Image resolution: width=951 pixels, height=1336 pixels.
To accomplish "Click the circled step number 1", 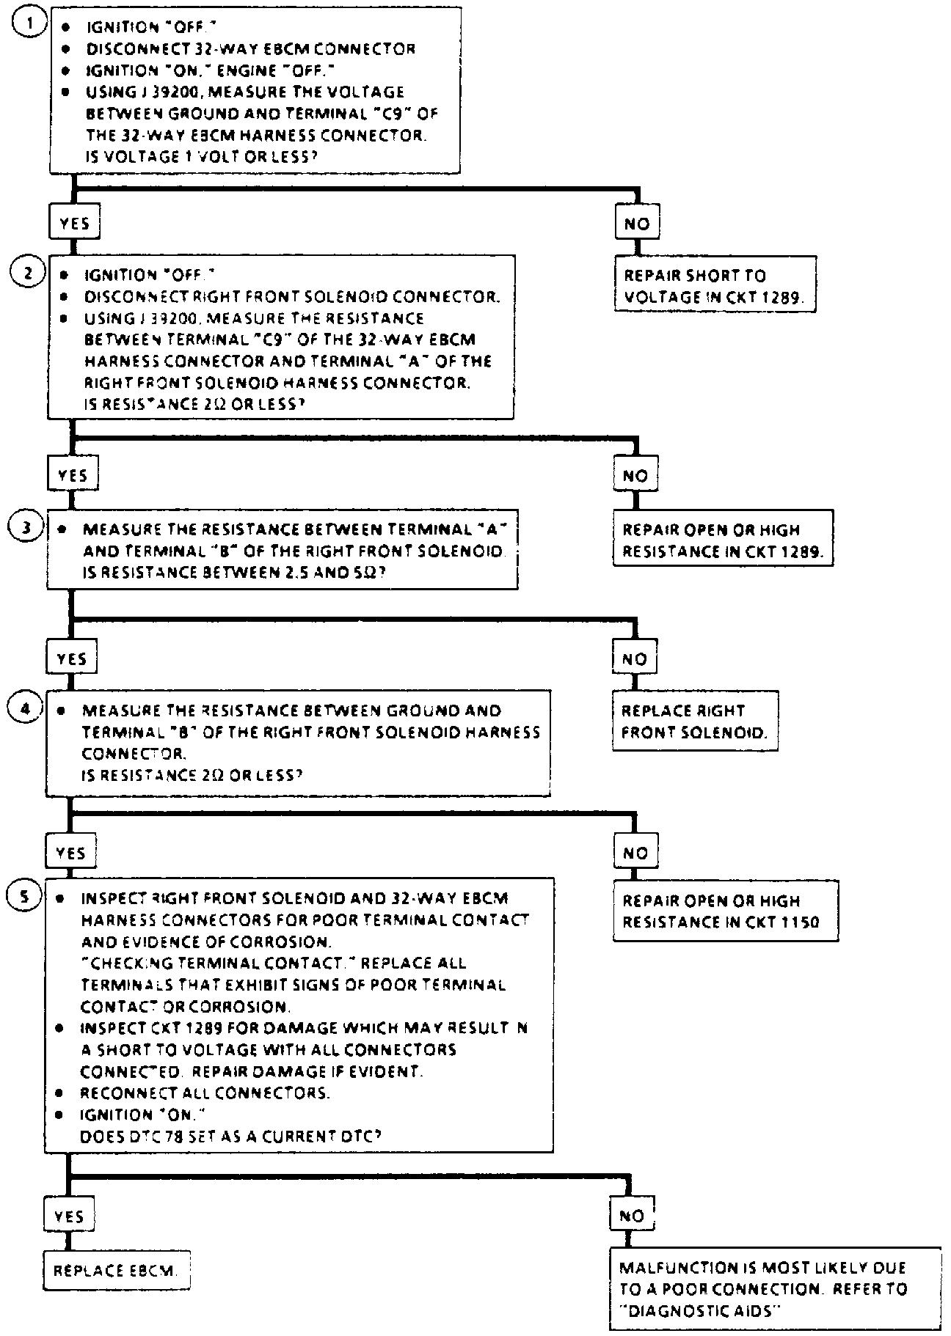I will (28, 23).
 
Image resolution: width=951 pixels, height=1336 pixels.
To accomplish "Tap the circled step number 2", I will (26, 274).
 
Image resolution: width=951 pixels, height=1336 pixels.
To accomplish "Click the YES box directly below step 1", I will (74, 223).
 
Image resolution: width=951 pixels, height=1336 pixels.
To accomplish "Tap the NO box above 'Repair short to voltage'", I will (636, 224).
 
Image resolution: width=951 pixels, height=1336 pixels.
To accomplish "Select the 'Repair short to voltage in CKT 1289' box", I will (715, 286).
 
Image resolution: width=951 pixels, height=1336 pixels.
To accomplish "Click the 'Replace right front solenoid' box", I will (694, 721).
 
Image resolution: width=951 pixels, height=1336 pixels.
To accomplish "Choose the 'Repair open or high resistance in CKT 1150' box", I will (725, 911).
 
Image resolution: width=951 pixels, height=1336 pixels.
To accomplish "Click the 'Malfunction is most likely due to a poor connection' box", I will (774, 1288).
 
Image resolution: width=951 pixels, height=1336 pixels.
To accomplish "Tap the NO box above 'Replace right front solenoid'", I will (634, 658).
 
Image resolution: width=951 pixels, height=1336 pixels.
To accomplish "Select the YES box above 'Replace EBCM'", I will (69, 1216).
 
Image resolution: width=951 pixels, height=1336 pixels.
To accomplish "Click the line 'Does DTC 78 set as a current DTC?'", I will (231, 1136).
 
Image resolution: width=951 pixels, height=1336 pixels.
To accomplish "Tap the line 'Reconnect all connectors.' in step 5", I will (205, 1093).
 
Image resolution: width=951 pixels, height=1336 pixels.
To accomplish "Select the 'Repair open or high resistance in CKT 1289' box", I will (723, 540).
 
